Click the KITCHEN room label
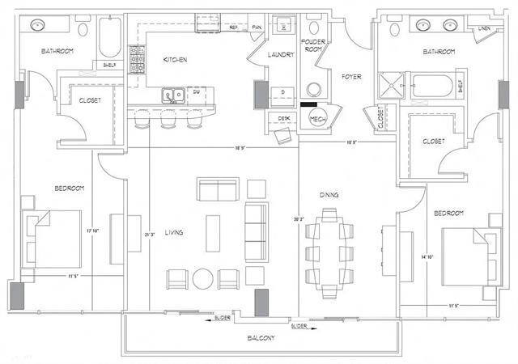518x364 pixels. pos(176,60)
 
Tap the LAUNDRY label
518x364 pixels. pos(280,54)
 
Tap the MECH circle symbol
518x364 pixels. pos(317,119)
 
